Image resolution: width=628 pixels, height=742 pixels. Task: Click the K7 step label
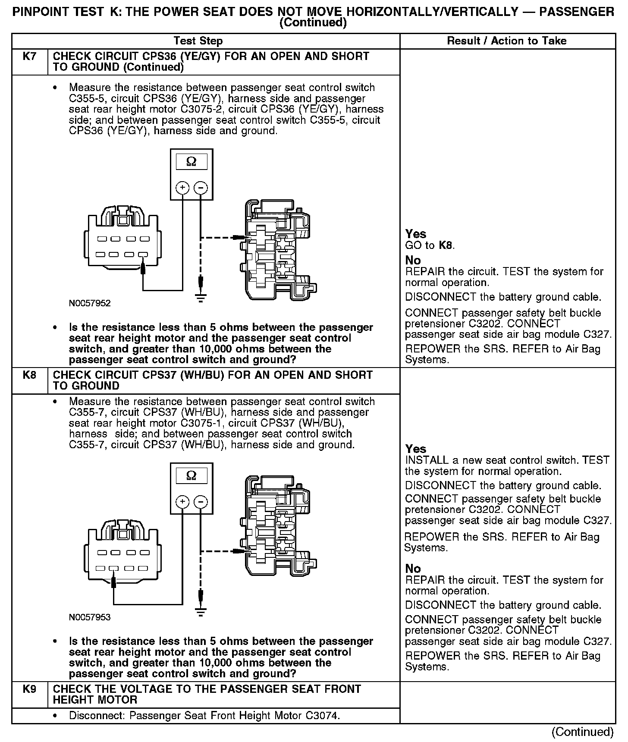29,57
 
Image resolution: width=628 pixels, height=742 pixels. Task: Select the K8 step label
29,375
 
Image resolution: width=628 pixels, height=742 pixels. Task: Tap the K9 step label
29,689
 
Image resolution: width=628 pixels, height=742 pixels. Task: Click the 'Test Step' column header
198,41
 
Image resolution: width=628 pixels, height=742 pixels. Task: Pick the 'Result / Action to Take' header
507,41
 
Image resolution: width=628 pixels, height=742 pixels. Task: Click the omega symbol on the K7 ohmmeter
191,162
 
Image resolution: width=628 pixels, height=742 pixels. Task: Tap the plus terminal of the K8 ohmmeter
182,502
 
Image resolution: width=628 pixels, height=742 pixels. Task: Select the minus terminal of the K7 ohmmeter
201,188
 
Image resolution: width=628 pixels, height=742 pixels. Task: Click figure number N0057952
90,303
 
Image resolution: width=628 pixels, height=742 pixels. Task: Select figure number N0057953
90,617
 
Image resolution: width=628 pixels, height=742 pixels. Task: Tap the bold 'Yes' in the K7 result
416,234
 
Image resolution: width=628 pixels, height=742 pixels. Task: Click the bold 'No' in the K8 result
413,569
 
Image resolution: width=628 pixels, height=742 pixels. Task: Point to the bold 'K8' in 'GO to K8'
446,245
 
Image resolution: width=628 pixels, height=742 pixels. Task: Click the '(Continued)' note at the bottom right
582,732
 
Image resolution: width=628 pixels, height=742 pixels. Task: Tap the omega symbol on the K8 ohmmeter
191,475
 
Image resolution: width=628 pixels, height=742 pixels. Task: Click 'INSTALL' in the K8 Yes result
426,460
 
